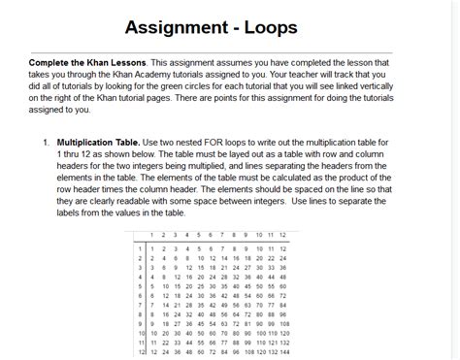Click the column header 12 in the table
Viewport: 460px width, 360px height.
click(x=281, y=236)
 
